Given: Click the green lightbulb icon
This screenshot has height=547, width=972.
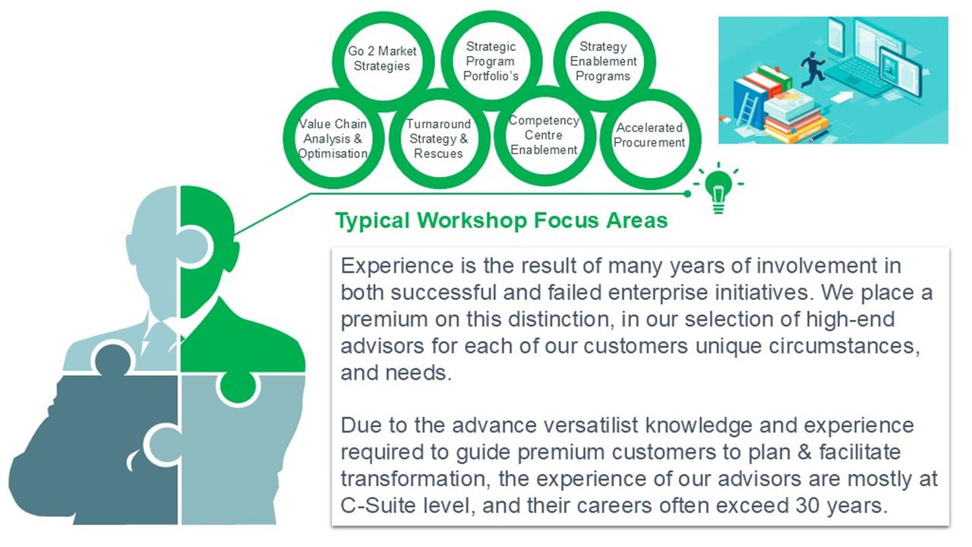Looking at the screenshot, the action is (718, 189).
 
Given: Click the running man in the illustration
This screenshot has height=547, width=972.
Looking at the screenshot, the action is (812, 69).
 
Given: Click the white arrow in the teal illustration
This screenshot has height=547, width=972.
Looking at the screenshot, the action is (842, 96).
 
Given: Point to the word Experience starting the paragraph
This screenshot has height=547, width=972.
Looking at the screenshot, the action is (397, 266).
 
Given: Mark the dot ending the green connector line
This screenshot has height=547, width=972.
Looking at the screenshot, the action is (687, 194).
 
